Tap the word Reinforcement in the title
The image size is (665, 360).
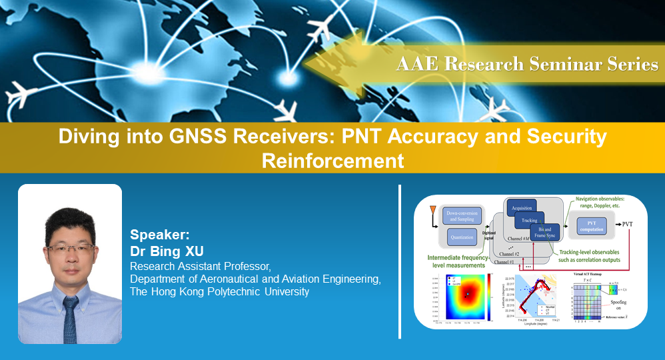[x=332, y=161]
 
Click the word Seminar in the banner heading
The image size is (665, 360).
[x=563, y=64]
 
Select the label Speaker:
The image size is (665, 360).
[x=160, y=235]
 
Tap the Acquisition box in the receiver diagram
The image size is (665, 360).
[x=522, y=207]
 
